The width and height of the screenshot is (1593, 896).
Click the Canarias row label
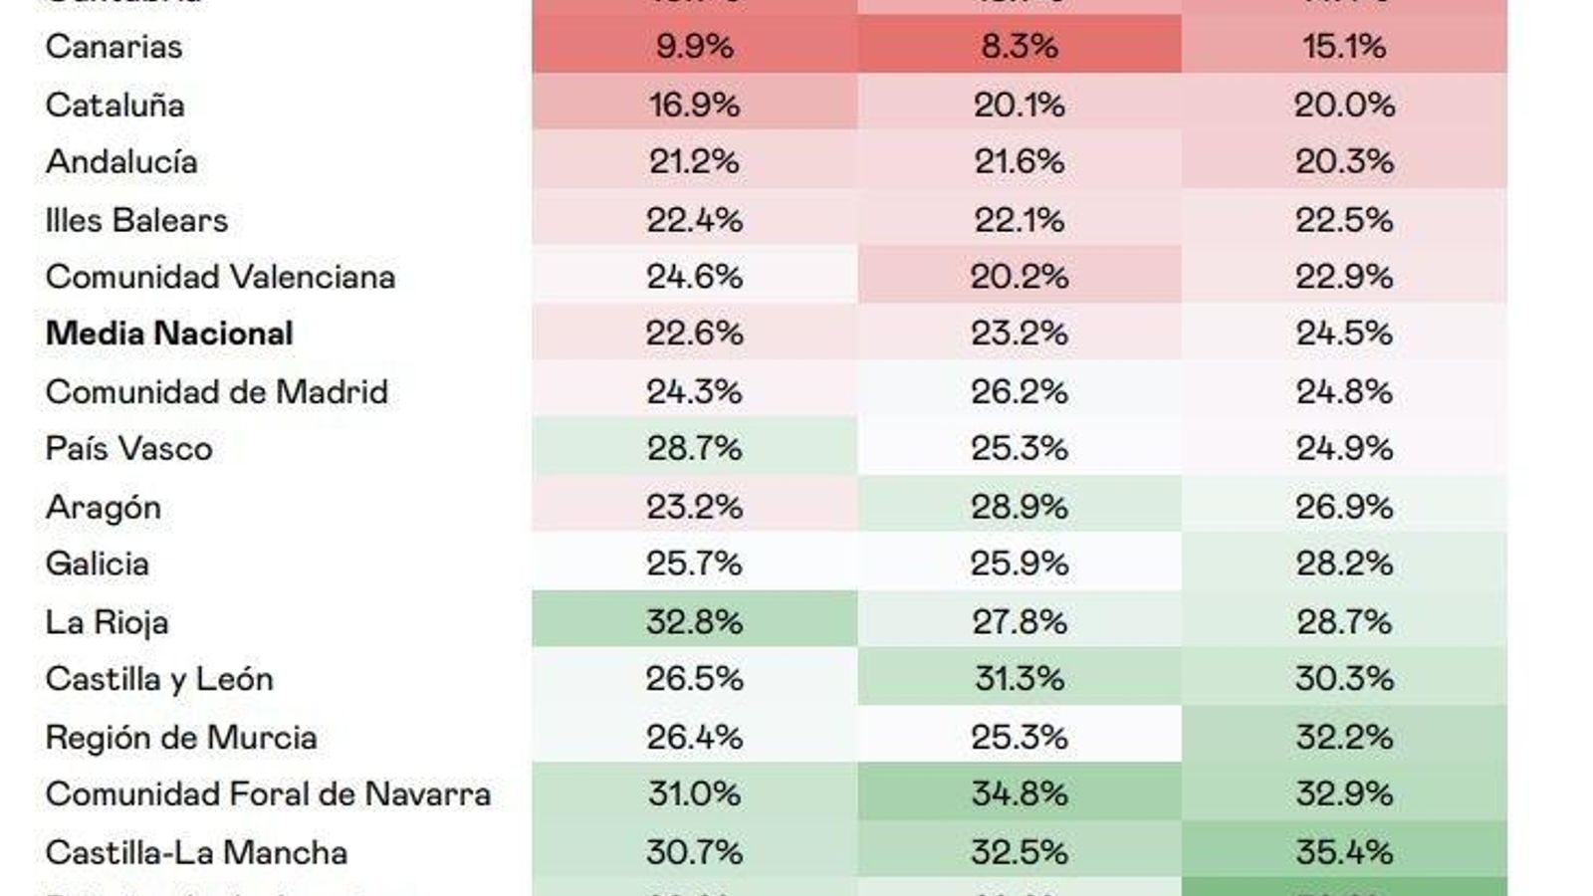(114, 47)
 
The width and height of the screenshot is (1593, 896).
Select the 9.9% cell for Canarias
(694, 47)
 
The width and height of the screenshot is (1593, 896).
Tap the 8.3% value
(1019, 47)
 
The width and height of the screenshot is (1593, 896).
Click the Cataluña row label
(114, 105)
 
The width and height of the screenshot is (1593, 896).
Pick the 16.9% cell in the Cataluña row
(694, 105)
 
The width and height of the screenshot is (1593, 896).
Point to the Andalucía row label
(121, 162)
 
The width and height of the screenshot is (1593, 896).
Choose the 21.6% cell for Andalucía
(1019, 162)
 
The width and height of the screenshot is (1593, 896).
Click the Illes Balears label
(136, 220)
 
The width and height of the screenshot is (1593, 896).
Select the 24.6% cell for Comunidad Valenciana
(694, 277)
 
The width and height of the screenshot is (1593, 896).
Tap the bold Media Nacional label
(169, 334)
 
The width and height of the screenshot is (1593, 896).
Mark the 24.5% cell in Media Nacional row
(1344, 334)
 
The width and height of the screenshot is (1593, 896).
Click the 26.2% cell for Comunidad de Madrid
(1019, 391)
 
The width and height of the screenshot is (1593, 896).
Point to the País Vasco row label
(128, 449)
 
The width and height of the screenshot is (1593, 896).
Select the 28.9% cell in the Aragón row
(1019, 507)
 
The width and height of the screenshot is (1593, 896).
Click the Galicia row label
(97, 564)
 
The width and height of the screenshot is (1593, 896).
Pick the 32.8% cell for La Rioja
(694, 622)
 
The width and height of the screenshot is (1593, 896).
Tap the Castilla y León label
(159, 679)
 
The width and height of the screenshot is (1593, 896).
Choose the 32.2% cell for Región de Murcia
(1344, 737)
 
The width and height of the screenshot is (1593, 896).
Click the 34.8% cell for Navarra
(1019, 794)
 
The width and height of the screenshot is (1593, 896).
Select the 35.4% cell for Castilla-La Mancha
(1344, 852)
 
